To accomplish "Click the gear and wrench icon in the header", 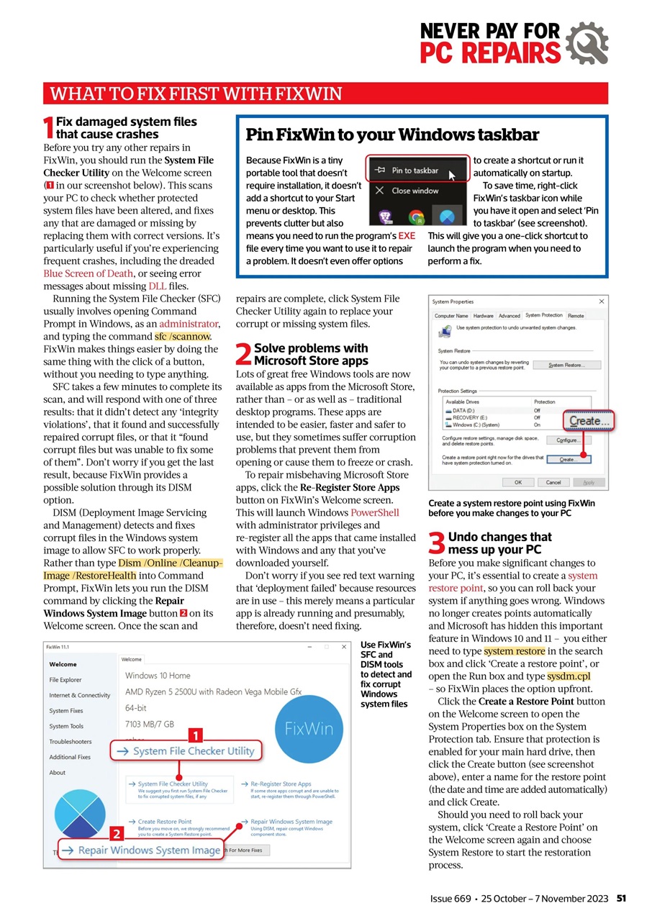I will click(587, 42).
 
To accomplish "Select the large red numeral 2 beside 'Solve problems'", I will click(243, 355).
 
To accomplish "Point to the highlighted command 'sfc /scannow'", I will click(183, 336).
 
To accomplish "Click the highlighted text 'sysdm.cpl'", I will click(569, 676).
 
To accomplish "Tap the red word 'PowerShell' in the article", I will click(374, 512).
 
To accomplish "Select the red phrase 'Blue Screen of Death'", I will click(88, 273).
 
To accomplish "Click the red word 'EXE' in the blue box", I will click(407, 236).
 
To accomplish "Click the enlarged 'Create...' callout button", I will click(585, 420).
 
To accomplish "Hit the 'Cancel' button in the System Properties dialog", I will click(553, 482).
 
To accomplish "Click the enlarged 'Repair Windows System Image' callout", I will click(140, 850).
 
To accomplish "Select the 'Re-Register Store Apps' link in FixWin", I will click(281, 784).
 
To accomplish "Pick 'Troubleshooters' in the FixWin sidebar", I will click(71, 741).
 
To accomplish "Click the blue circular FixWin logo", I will click(308, 727).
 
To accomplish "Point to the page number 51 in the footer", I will click(621, 899).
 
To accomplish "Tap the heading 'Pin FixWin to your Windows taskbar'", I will click(392, 135).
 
